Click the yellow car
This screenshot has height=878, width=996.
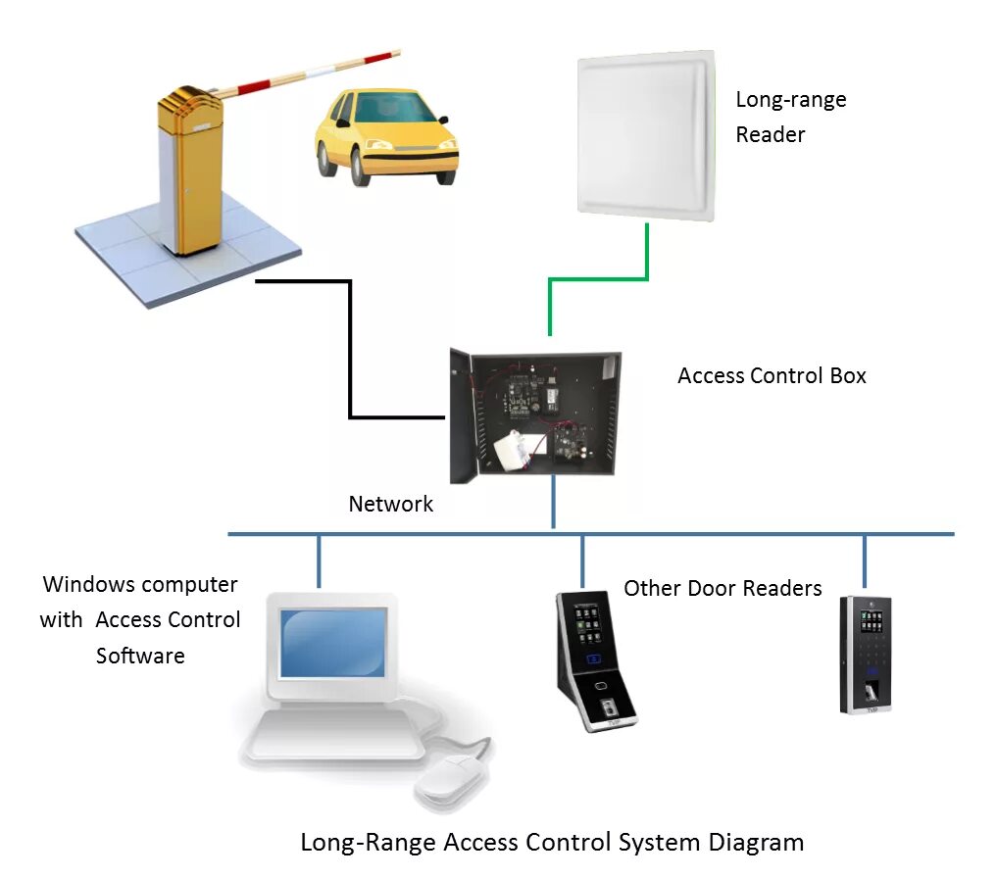[386, 136]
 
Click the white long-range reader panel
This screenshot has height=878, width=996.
[647, 136]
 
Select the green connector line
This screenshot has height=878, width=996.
[598, 278]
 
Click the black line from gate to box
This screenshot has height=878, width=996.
[350, 349]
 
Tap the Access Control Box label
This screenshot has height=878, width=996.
[772, 376]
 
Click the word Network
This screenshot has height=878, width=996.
[390, 504]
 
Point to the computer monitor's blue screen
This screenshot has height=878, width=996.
[333, 643]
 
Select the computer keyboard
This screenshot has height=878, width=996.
[335, 735]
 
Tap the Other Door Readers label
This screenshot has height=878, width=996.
[722, 589]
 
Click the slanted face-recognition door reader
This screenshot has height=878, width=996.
[596, 660]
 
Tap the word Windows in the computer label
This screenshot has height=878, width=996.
[88, 584]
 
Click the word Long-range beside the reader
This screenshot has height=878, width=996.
[791, 100]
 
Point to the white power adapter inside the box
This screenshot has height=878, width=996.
[517, 451]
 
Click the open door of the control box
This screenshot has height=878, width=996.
[463, 415]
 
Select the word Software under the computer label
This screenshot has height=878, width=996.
[140, 656]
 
